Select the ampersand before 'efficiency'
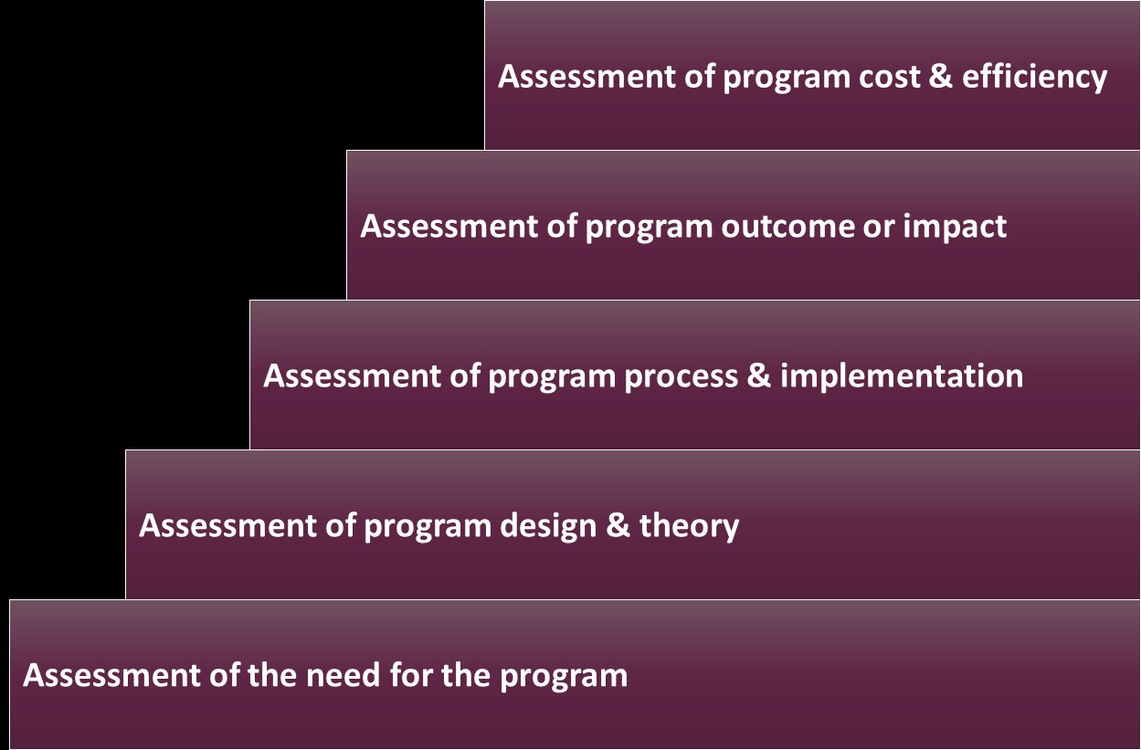(x=941, y=76)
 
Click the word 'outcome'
(x=787, y=227)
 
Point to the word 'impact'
(x=955, y=227)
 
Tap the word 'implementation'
(x=902, y=376)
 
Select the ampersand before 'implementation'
(x=759, y=375)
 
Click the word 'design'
(x=548, y=526)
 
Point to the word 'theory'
(x=689, y=527)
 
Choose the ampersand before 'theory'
(x=618, y=525)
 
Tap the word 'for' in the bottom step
(x=411, y=675)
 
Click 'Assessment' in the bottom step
(x=111, y=676)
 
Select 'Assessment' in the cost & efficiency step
(x=586, y=77)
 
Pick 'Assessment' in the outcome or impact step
(x=449, y=227)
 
